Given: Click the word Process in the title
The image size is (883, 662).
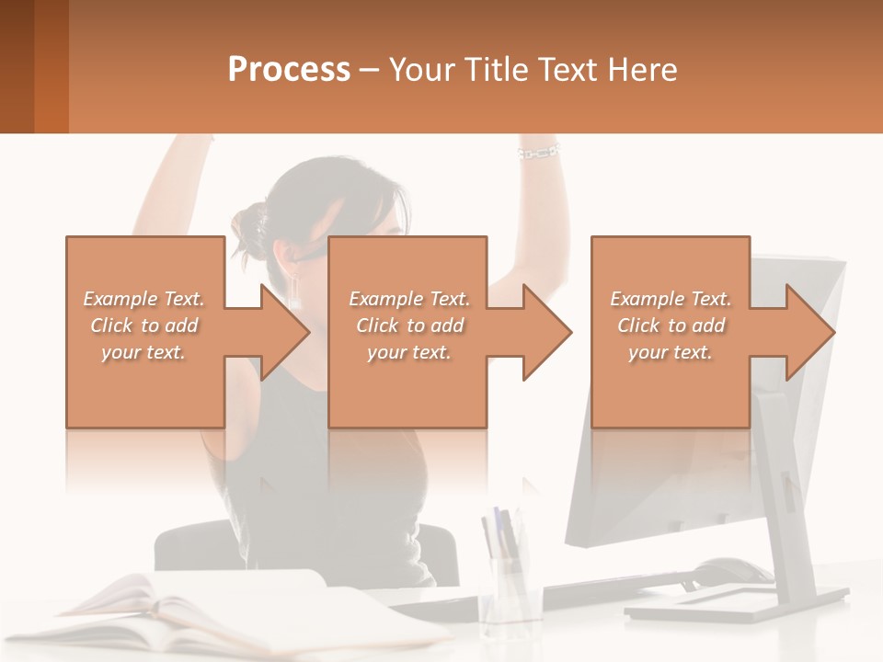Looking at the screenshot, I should (289, 70).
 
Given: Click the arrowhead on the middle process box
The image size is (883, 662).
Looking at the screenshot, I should (546, 332).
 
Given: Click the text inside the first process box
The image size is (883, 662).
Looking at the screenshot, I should (143, 325).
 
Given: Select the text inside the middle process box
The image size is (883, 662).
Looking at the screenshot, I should (409, 325).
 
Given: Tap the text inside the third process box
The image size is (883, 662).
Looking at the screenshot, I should (671, 325).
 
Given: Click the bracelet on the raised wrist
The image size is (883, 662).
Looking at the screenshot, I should (539, 151).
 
